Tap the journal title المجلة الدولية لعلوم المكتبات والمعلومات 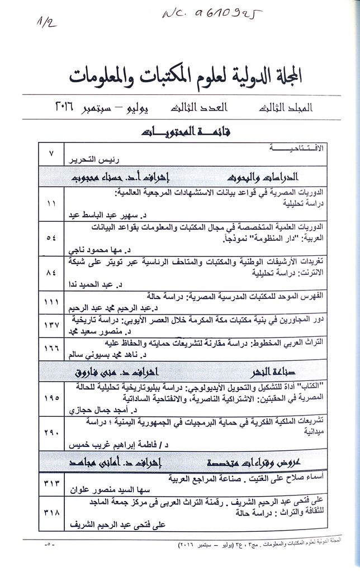tap(188, 78)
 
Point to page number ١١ tap(51, 204)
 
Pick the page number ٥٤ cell tap(51, 239)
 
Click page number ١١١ tap(51, 302)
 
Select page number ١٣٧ tap(51, 324)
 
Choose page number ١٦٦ tap(51, 347)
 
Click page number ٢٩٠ tap(51, 432)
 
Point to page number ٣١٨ tap(51, 512)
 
